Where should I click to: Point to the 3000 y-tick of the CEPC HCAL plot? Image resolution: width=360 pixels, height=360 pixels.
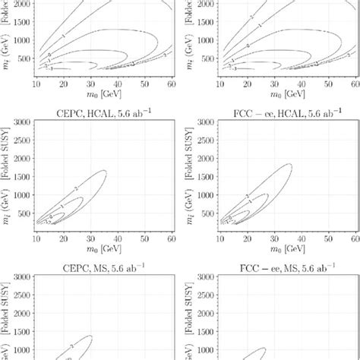21,122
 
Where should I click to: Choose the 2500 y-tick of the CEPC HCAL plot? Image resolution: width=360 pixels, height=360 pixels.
21,140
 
